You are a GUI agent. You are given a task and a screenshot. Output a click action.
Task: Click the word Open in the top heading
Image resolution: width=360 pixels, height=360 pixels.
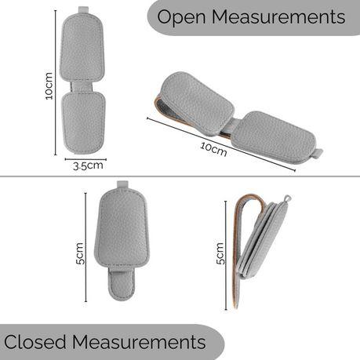(x=181, y=17)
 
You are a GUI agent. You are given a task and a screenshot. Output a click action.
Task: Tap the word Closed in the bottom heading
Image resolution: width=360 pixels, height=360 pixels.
(x=35, y=342)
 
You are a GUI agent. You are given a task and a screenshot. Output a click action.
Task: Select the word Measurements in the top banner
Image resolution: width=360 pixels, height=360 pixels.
(x=278, y=16)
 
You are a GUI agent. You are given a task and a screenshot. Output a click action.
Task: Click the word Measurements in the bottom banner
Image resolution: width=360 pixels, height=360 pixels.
(x=139, y=342)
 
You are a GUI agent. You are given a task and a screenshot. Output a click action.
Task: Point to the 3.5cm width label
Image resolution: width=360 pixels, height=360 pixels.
(x=88, y=165)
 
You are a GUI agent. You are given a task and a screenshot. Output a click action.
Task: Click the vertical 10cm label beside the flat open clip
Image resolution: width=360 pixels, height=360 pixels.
(x=49, y=85)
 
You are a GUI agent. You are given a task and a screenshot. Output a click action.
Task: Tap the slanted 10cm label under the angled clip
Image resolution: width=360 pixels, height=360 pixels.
(x=213, y=149)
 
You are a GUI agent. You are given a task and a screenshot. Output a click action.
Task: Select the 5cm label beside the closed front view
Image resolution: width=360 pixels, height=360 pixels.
(x=79, y=253)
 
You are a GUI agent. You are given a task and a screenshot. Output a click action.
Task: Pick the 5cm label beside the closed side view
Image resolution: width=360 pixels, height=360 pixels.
(x=220, y=253)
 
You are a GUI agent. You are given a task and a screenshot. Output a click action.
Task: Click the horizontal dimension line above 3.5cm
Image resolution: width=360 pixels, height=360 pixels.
(x=85, y=159)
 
